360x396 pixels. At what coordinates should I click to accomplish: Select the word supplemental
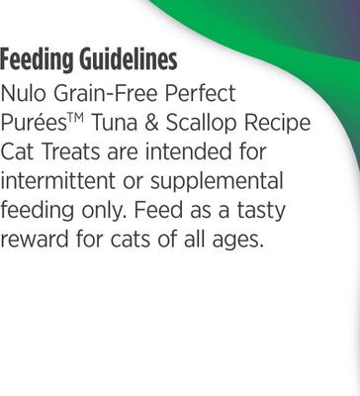coord(222,184)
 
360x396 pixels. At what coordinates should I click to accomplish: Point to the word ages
coord(238,242)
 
